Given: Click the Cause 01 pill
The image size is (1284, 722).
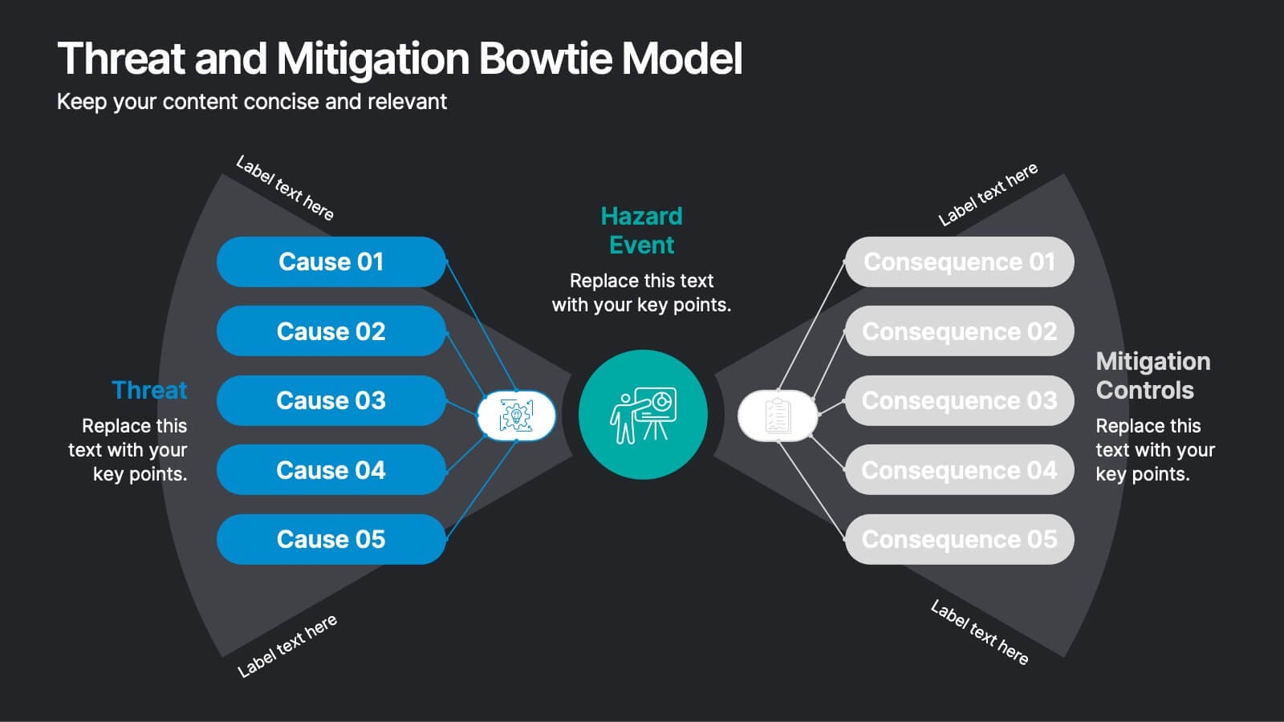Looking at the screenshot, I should click(x=331, y=262).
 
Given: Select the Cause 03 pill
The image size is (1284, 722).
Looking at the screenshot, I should click(x=331, y=400).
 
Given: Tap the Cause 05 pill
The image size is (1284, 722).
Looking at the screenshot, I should click(x=331, y=539).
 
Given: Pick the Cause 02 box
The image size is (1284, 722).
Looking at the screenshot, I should click(x=331, y=331).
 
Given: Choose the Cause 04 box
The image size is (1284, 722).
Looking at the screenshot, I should click(x=331, y=470).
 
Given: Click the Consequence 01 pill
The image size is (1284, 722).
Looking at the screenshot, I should click(x=959, y=262).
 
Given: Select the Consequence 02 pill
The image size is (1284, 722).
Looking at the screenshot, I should click(x=959, y=331).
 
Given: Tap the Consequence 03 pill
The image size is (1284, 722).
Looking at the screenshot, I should click(x=959, y=400).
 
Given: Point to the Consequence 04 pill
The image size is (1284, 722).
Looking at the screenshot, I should click(x=959, y=470).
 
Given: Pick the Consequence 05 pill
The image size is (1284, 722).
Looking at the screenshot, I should click(x=959, y=539).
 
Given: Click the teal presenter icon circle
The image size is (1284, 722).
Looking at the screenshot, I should click(x=643, y=415).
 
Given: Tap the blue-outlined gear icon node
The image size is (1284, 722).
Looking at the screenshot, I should click(x=516, y=416).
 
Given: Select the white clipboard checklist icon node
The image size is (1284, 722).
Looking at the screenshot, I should click(x=777, y=416).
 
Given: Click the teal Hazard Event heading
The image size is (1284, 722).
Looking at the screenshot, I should click(x=641, y=230).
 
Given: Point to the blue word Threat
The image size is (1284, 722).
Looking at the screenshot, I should click(x=149, y=390).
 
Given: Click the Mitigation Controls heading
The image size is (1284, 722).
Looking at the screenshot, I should click(x=1152, y=375).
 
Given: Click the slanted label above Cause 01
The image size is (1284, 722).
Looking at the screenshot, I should click(x=285, y=188).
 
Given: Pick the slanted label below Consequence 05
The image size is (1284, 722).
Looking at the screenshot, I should click(x=979, y=633).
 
